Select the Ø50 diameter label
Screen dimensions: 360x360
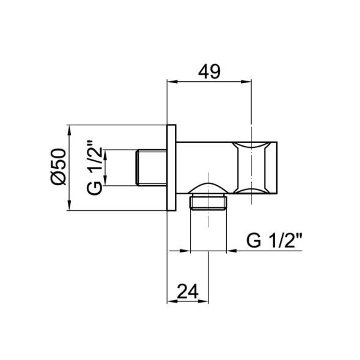click(59, 169)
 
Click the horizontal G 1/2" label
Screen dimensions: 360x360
click(274, 240)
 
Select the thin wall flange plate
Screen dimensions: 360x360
click(171, 169)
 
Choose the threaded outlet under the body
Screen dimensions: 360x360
click(209, 203)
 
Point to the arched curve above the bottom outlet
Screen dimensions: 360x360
click(209, 185)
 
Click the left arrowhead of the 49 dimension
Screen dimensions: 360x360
click(171, 82)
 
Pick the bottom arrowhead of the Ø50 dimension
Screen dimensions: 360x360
click(71, 208)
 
